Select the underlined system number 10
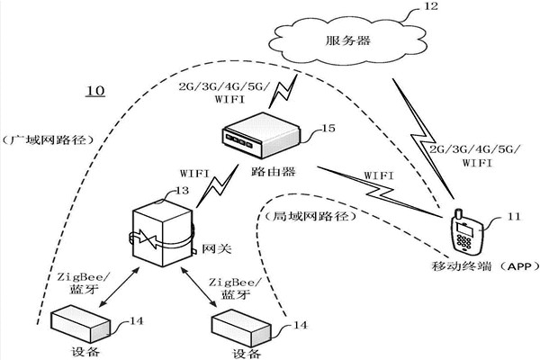[x=94, y=91]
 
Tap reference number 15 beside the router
[x=328, y=130]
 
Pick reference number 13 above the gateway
[x=182, y=190]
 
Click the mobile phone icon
[x=464, y=235]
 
